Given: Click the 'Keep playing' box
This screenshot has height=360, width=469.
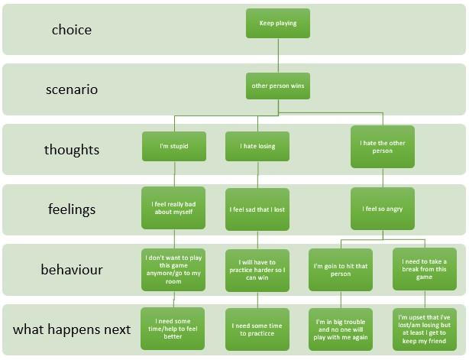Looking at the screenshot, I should (x=278, y=23).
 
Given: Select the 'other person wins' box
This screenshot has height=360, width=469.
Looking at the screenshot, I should (x=278, y=86).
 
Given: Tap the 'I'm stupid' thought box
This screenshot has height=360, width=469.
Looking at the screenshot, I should (x=173, y=146).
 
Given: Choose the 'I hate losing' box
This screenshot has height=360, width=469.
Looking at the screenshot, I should (x=257, y=146).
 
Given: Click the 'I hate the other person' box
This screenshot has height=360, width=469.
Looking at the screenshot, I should (x=382, y=146).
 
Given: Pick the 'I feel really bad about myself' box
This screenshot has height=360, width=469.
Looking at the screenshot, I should (x=173, y=207).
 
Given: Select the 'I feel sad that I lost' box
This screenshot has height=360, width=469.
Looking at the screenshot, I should (x=257, y=209).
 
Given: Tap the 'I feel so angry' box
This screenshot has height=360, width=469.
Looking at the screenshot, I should (x=382, y=208).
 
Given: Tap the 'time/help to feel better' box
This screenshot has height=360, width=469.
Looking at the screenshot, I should (x=173, y=328).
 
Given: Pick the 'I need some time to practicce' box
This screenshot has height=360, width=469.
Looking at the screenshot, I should (x=257, y=329).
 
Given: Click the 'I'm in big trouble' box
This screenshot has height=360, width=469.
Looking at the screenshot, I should (x=340, y=329).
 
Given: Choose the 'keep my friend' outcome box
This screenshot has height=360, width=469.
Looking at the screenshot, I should (x=424, y=329).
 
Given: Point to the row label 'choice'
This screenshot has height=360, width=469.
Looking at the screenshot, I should (x=71, y=31).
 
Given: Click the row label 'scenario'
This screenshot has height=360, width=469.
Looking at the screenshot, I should (x=71, y=89).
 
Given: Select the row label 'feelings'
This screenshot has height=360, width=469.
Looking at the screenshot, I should (x=71, y=210).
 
